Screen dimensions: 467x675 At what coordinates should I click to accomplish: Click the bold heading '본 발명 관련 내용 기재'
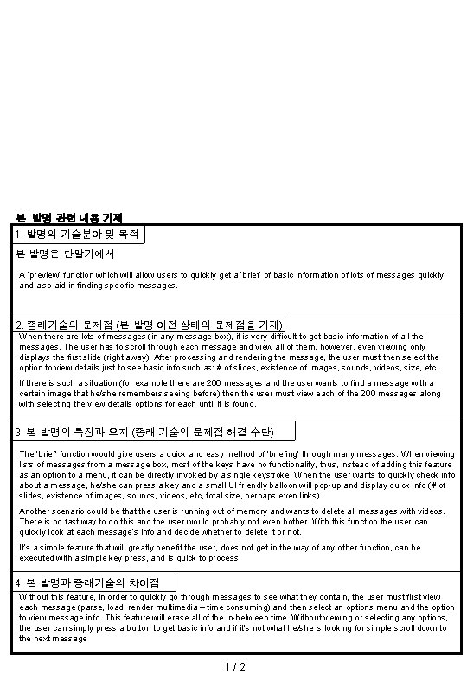(70, 217)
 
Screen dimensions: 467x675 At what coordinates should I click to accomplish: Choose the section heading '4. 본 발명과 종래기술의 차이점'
(95, 582)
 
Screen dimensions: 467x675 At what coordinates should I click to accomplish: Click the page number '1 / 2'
(233, 666)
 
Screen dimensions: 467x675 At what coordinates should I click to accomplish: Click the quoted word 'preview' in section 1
(48, 274)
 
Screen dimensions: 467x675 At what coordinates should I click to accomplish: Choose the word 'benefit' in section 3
(165, 549)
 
